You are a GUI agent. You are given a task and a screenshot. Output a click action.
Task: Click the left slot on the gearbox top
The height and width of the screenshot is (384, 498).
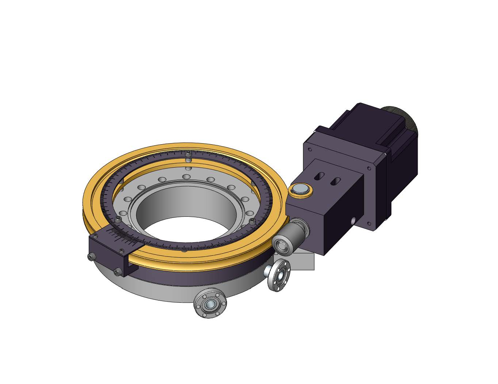point(319,177)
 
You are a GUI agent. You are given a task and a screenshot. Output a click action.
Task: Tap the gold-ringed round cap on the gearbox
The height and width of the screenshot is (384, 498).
point(300,189)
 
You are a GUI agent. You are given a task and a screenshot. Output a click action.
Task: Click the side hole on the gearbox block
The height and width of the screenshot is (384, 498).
point(352,220)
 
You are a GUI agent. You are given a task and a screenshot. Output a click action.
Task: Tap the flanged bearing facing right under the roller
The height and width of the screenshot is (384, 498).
point(279,276)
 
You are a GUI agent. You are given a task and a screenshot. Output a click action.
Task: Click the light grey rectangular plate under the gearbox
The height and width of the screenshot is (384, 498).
point(305,262)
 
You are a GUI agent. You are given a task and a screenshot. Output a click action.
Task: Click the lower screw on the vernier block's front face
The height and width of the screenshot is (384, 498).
point(117,271)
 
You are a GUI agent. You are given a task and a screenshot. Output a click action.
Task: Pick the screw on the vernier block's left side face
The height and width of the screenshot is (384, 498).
point(91,257)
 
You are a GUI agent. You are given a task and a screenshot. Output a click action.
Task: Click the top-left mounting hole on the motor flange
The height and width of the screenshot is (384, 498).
point(310,149)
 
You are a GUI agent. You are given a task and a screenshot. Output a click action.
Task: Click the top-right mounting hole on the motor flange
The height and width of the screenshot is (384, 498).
point(369,169)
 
